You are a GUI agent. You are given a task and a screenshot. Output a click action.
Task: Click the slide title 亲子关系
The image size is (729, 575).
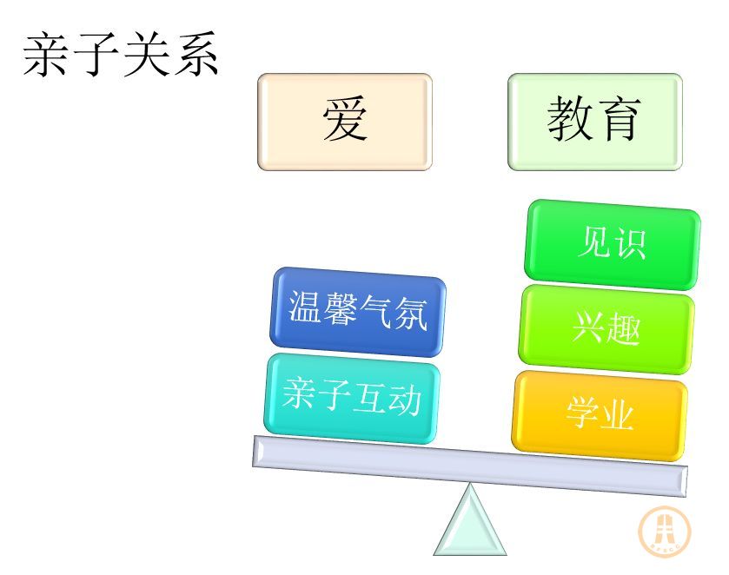pos(121,55)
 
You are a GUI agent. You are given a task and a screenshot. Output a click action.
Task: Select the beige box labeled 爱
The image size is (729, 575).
pos(345,122)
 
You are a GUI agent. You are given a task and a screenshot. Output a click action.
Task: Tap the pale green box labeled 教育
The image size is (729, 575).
pos(595,122)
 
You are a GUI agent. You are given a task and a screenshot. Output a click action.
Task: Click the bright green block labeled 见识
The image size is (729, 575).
pos(613,244)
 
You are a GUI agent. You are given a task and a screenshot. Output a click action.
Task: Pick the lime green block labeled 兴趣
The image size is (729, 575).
pos(606,329)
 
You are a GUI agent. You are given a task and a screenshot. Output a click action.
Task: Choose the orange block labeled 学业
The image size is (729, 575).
pos(600,415)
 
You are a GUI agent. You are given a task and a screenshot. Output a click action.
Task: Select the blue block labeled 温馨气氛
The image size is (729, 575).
pos(357,312)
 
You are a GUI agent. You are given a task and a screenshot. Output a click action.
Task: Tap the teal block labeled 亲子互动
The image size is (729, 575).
pos(352,398)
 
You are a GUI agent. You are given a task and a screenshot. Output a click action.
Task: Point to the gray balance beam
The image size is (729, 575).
pos(469,466)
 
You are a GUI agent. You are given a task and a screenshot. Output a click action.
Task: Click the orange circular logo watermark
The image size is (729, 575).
pos(665,531)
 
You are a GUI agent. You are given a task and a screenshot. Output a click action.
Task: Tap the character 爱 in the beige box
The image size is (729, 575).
pos(345,118)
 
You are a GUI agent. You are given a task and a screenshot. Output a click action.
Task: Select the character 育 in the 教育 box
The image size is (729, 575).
pos(619,118)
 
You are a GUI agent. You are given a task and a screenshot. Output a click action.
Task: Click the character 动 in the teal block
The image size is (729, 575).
pos(405,400)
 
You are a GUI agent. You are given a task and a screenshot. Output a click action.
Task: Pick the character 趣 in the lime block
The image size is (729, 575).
pos(623,330)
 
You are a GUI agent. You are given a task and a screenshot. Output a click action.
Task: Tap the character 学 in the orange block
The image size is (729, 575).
pos(583,412)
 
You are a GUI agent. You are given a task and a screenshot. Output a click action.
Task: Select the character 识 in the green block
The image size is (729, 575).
pos(629,243)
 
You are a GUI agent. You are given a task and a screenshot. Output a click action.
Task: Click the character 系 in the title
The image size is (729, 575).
pos(196,55)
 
